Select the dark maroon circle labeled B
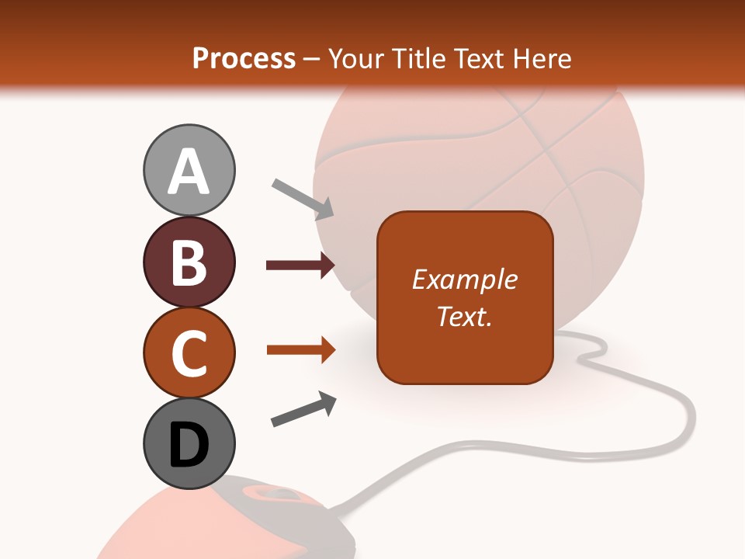point(189,262)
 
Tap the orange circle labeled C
point(189,353)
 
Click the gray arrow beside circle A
point(303,199)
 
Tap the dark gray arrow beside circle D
point(303,409)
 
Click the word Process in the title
point(244,59)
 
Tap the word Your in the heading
point(355,59)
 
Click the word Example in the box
point(465,279)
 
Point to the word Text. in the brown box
point(465,316)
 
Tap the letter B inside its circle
point(189,262)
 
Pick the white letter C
point(189,353)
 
